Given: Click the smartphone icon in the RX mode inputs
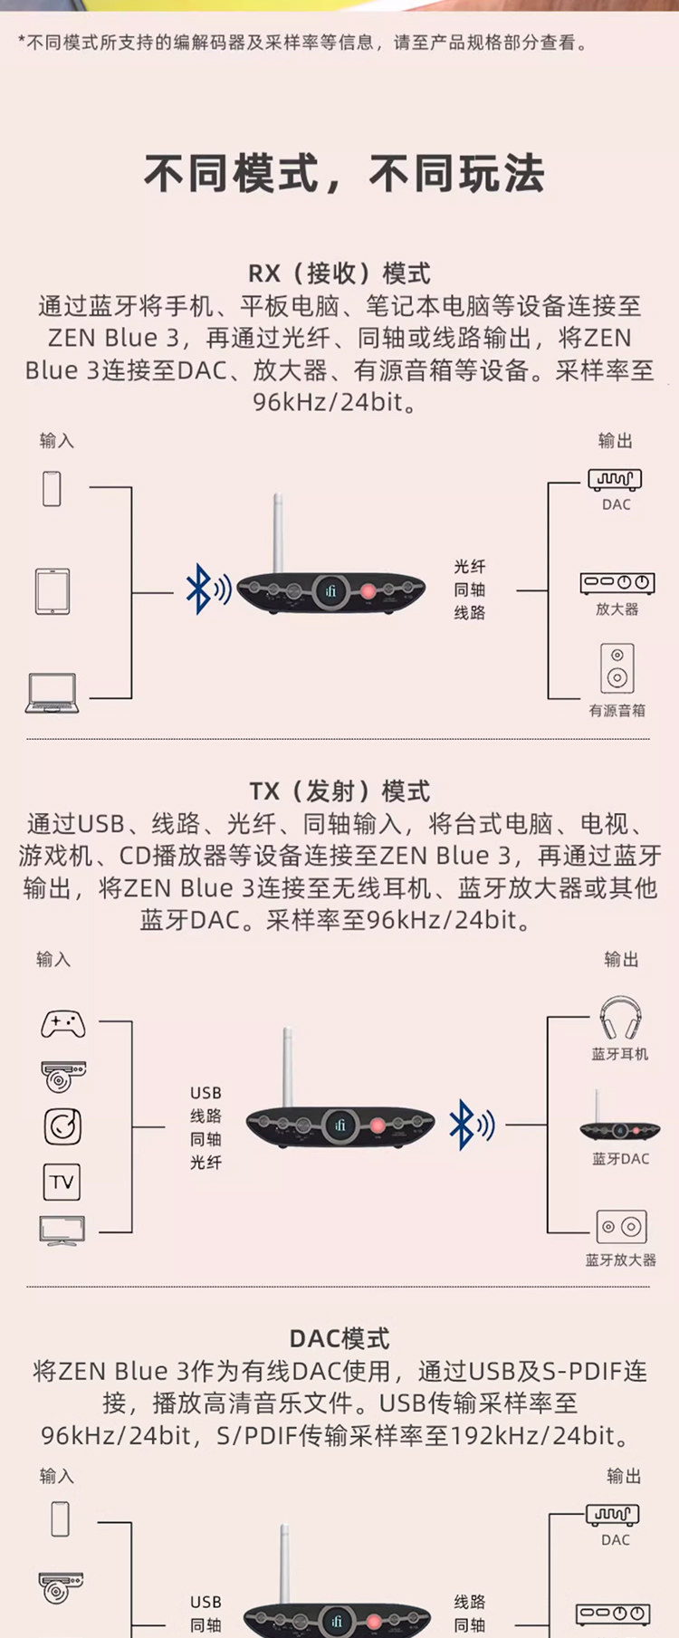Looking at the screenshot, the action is click(x=53, y=489).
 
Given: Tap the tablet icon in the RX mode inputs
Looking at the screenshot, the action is click(x=53, y=591).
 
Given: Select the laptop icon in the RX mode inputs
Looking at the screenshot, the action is click(x=53, y=694).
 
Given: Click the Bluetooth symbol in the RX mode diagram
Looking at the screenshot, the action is click(x=199, y=589).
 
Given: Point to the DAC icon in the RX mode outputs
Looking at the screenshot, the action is click(x=615, y=479).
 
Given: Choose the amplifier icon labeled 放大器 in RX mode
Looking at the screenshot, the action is click(x=617, y=583).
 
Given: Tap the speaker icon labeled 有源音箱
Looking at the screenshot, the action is click(x=617, y=668).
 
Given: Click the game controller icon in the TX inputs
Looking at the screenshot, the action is click(x=63, y=1023).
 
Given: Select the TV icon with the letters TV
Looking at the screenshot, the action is click(x=62, y=1182).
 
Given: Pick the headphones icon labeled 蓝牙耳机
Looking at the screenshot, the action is click(x=620, y=1020).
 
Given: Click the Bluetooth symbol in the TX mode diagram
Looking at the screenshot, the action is click(x=463, y=1126).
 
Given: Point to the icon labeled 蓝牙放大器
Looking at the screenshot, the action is click(x=621, y=1227).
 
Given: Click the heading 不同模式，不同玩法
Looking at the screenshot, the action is click(x=344, y=174).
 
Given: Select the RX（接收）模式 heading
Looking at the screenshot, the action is click(x=339, y=273).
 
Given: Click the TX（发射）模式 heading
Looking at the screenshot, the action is click(x=339, y=791).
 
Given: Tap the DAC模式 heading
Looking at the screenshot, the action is click(x=339, y=1338).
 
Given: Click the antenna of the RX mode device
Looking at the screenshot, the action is click(x=279, y=534).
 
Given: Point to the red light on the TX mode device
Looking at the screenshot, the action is click(x=377, y=1126).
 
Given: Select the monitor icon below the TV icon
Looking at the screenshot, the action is click(x=62, y=1231).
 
